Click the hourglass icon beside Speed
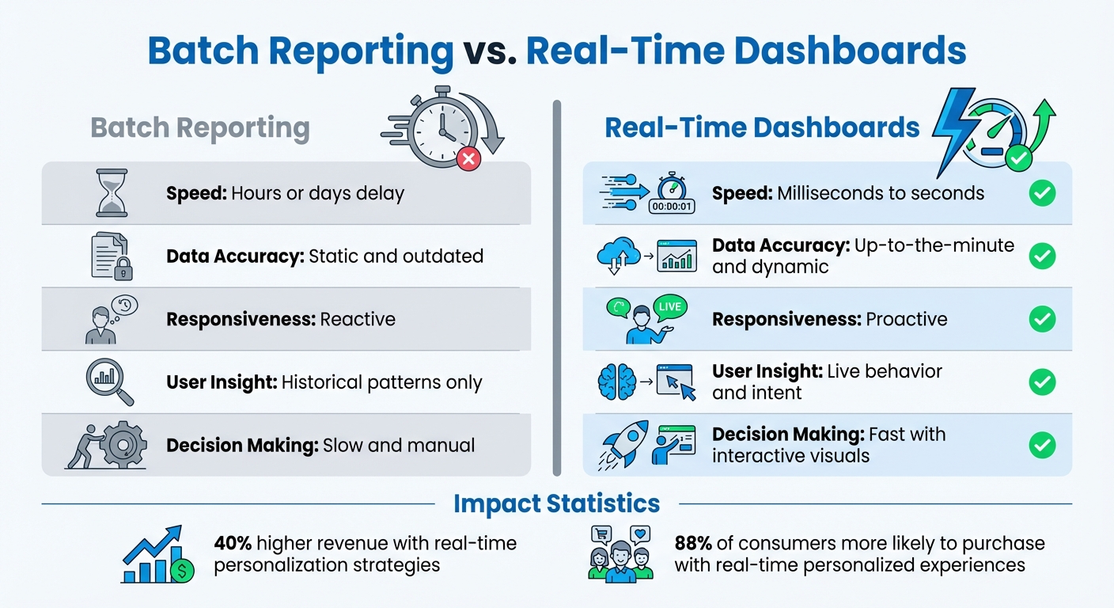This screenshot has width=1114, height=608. (112, 193)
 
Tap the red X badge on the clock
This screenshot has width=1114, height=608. (468, 160)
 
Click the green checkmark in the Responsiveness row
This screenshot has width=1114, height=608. (1041, 319)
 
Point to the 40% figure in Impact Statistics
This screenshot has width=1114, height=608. (233, 544)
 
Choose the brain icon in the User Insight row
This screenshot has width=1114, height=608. (616, 382)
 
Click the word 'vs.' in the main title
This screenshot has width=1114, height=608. (489, 51)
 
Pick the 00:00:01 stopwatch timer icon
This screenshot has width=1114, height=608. (671, 193)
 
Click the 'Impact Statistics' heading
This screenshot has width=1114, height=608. (556, 503)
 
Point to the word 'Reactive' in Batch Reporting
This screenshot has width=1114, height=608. (358, 319)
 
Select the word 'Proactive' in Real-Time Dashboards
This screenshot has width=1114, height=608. (907, 319)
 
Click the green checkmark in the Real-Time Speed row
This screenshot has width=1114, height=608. (1041, 193)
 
